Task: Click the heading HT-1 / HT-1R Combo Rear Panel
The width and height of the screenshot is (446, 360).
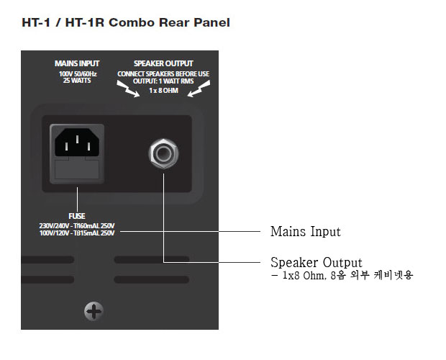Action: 126,23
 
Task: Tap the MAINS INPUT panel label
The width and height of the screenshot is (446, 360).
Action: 77,63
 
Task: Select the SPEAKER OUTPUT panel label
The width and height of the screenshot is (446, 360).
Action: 163,63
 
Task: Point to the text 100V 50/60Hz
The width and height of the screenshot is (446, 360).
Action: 78,74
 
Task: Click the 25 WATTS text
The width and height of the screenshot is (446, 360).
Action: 77,81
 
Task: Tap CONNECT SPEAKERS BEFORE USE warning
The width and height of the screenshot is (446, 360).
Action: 163,74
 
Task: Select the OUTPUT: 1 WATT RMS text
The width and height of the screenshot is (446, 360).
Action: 163,81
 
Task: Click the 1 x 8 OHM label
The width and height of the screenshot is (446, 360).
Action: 163,91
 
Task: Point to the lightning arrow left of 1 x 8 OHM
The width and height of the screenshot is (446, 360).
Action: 128,89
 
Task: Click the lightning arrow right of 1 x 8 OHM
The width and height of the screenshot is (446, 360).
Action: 199,89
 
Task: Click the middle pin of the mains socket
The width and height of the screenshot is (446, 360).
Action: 77,139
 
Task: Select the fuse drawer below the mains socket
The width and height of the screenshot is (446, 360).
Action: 77,170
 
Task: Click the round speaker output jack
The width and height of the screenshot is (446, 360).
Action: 163,153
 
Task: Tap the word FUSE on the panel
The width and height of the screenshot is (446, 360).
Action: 77,216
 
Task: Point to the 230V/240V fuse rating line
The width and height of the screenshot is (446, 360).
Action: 77,226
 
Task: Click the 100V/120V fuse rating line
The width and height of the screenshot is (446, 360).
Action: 77,233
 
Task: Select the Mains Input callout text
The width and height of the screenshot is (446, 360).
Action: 306,231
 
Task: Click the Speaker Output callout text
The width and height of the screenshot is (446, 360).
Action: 317,262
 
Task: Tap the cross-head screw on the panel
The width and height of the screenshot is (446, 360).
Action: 94,311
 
